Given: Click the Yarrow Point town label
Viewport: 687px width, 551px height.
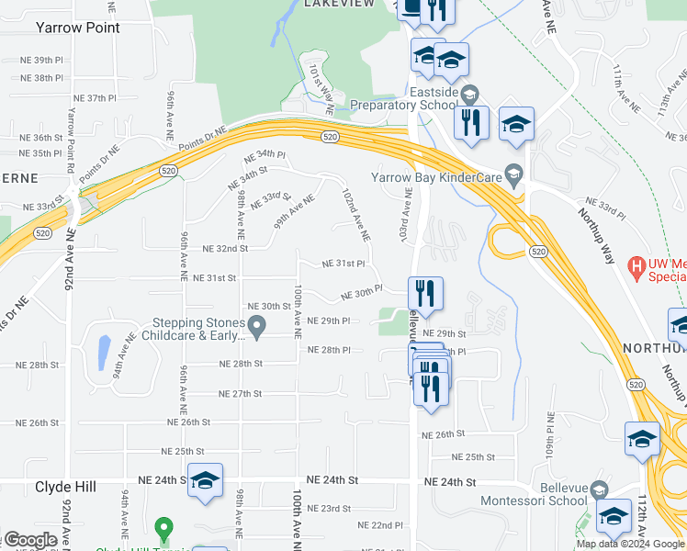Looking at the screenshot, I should (x=78, y=28).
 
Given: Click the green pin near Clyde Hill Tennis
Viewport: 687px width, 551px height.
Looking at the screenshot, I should (x=163, y=529).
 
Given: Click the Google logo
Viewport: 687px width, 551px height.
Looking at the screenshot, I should (x=29, y=540).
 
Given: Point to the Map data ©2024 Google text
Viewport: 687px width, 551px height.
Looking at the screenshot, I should (x=631, y=544).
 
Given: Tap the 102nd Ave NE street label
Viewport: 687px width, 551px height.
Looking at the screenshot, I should (x=356, y=215).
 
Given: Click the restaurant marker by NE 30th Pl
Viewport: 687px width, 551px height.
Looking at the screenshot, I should (x=425, y=294).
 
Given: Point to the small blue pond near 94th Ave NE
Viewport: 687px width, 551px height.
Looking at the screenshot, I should (x=103, y=350).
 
